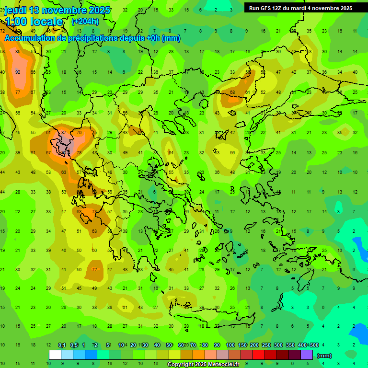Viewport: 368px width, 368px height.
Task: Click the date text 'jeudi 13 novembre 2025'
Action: click(57, 10)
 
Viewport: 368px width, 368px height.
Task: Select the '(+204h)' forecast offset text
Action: click(86, 21)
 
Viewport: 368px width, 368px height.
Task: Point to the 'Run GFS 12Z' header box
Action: click(300, 8)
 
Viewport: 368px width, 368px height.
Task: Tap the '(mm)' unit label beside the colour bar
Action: click(324, 356)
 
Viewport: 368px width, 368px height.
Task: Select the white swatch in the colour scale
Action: click(55, 355)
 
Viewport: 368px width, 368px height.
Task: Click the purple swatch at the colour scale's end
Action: click(307, 355)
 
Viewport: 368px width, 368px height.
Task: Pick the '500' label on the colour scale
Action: click(314, 345)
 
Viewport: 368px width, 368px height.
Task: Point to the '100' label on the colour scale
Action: click(230, 345)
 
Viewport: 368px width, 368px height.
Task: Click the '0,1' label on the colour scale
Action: click(62, 345)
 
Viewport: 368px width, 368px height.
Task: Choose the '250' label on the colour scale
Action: click(266, 345)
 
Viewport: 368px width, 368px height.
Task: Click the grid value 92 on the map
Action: click(18, 72)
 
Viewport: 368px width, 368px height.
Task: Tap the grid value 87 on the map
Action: click(64, 132)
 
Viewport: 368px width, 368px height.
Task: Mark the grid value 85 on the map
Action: click(18, 52)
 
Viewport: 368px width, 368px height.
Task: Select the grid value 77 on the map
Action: click(18, 92)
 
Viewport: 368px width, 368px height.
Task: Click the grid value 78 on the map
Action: click(79, 152)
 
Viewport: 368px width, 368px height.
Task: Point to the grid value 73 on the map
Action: click(94, 211)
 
